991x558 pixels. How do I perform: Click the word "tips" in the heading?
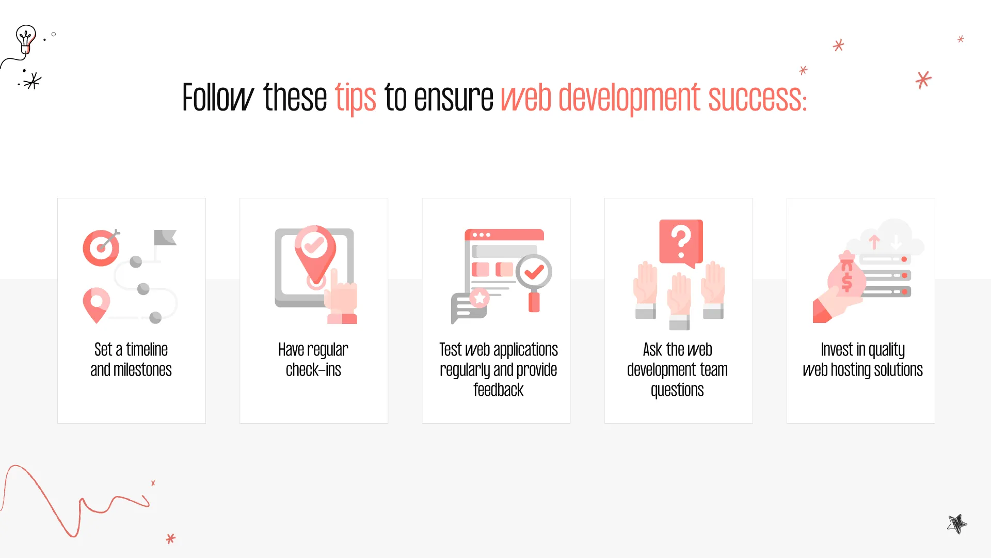(356, 98)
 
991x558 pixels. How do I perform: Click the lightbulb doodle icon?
(26, 39)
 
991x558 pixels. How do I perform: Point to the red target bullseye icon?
(101, 247)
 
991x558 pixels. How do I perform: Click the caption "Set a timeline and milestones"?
(131, 360)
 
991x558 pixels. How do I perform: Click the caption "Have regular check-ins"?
(313, 360)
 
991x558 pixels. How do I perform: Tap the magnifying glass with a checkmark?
(534, 282)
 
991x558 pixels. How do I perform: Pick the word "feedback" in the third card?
(499, 390)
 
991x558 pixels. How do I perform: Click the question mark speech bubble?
(681, 243)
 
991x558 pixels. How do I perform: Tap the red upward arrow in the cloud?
(874, 242)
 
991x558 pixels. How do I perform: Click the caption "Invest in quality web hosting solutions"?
(862, 360)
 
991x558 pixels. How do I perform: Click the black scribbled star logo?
(957, 524)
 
